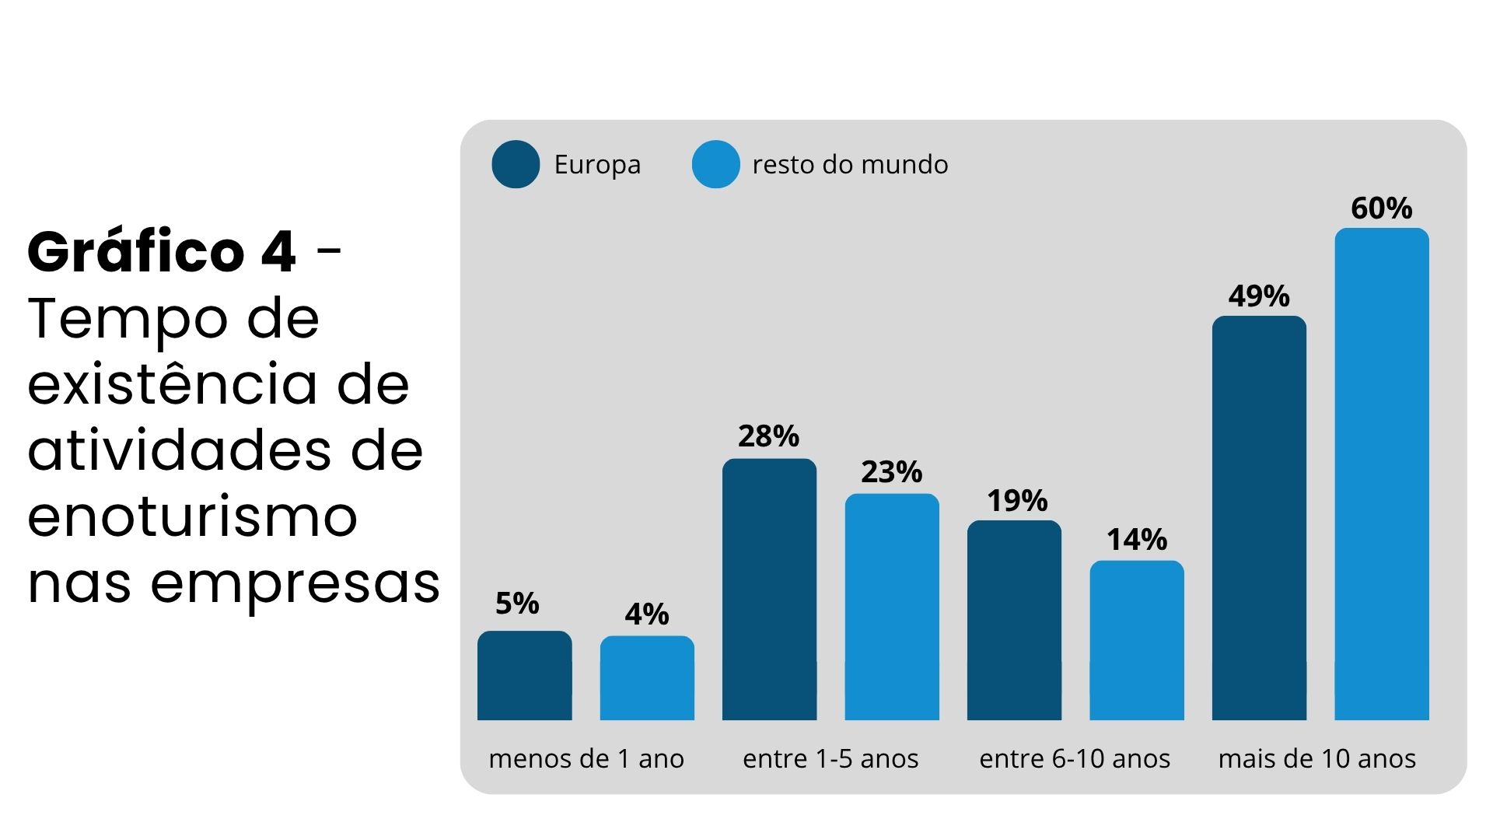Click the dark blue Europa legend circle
click(x=516, y=164)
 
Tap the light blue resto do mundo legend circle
click(x=715, y=164)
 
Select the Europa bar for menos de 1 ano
click(x=524, y=675)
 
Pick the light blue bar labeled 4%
click(x=647, y=678)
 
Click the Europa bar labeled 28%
click(x=769, y=589)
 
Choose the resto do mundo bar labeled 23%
click(x=892, y=607)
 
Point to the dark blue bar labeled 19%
click(x=1014, y=620)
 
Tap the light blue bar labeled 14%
click(x=1137, y=640)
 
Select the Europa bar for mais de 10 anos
click(x=1259, y=517)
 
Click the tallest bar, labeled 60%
click(x=1382, y=474)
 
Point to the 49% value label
click(x=1259, y=296)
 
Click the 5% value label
click(x=517, y=604)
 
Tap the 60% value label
click(x=1382, y=208)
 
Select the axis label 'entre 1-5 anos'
click(x=830, y=758)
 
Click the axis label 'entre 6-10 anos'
click(x=1075, y=758)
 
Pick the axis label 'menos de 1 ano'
click(x=586, y=758)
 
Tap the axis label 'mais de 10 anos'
click(x=1317, y=758)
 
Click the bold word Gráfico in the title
click(x=136, y=252)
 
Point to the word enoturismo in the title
click(x=192, y=517)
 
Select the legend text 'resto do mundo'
click(x=850, y=165)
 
